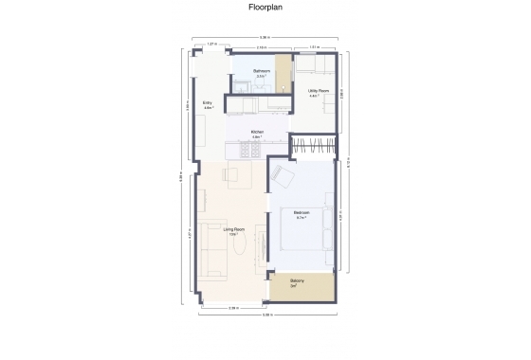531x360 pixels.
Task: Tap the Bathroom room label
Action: pos(263,71)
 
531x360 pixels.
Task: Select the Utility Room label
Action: pos(319,91)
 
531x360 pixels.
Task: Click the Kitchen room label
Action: pos(256,132)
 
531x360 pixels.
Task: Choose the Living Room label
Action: pos(234,229)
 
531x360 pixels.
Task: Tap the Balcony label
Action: pos(297,282)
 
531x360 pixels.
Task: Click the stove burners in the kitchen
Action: pos(252,150)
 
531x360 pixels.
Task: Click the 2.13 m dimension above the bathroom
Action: pos(261,46)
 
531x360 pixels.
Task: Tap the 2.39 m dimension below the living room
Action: pos(232,308)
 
